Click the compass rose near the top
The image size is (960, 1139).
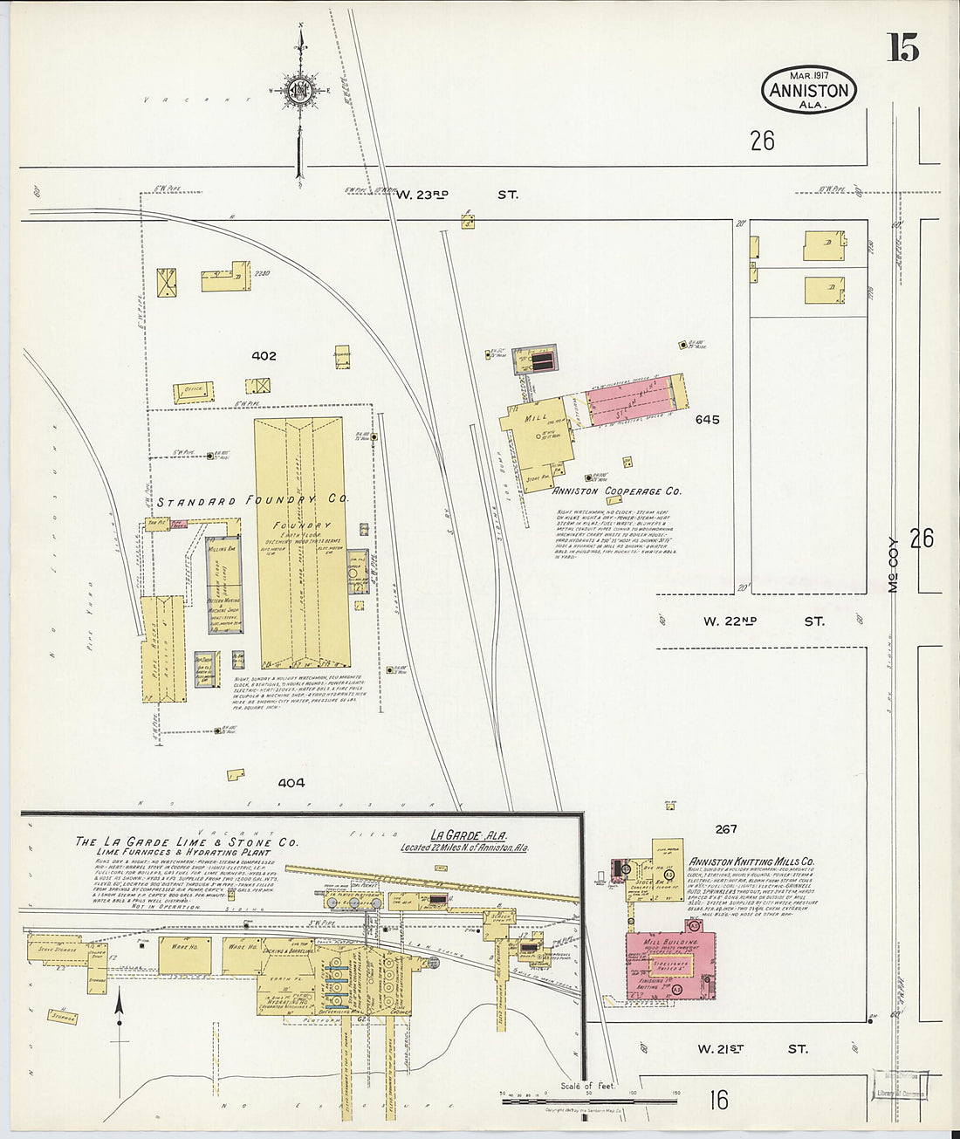301,90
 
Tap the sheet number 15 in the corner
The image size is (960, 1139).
903,47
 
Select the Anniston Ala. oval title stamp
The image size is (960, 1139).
809,90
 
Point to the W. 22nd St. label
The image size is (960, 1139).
764,621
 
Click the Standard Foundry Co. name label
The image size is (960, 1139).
252,501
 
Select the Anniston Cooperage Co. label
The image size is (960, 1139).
617,491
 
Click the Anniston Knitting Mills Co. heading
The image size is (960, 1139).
751,861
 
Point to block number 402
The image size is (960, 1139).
264,356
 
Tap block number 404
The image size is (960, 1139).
291,783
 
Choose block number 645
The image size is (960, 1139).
707,420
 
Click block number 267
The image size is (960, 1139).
725,829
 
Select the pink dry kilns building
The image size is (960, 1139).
629,401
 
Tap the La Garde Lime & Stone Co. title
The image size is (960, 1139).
186,842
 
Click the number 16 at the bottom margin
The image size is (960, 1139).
717,1100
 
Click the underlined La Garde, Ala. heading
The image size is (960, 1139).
458,834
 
